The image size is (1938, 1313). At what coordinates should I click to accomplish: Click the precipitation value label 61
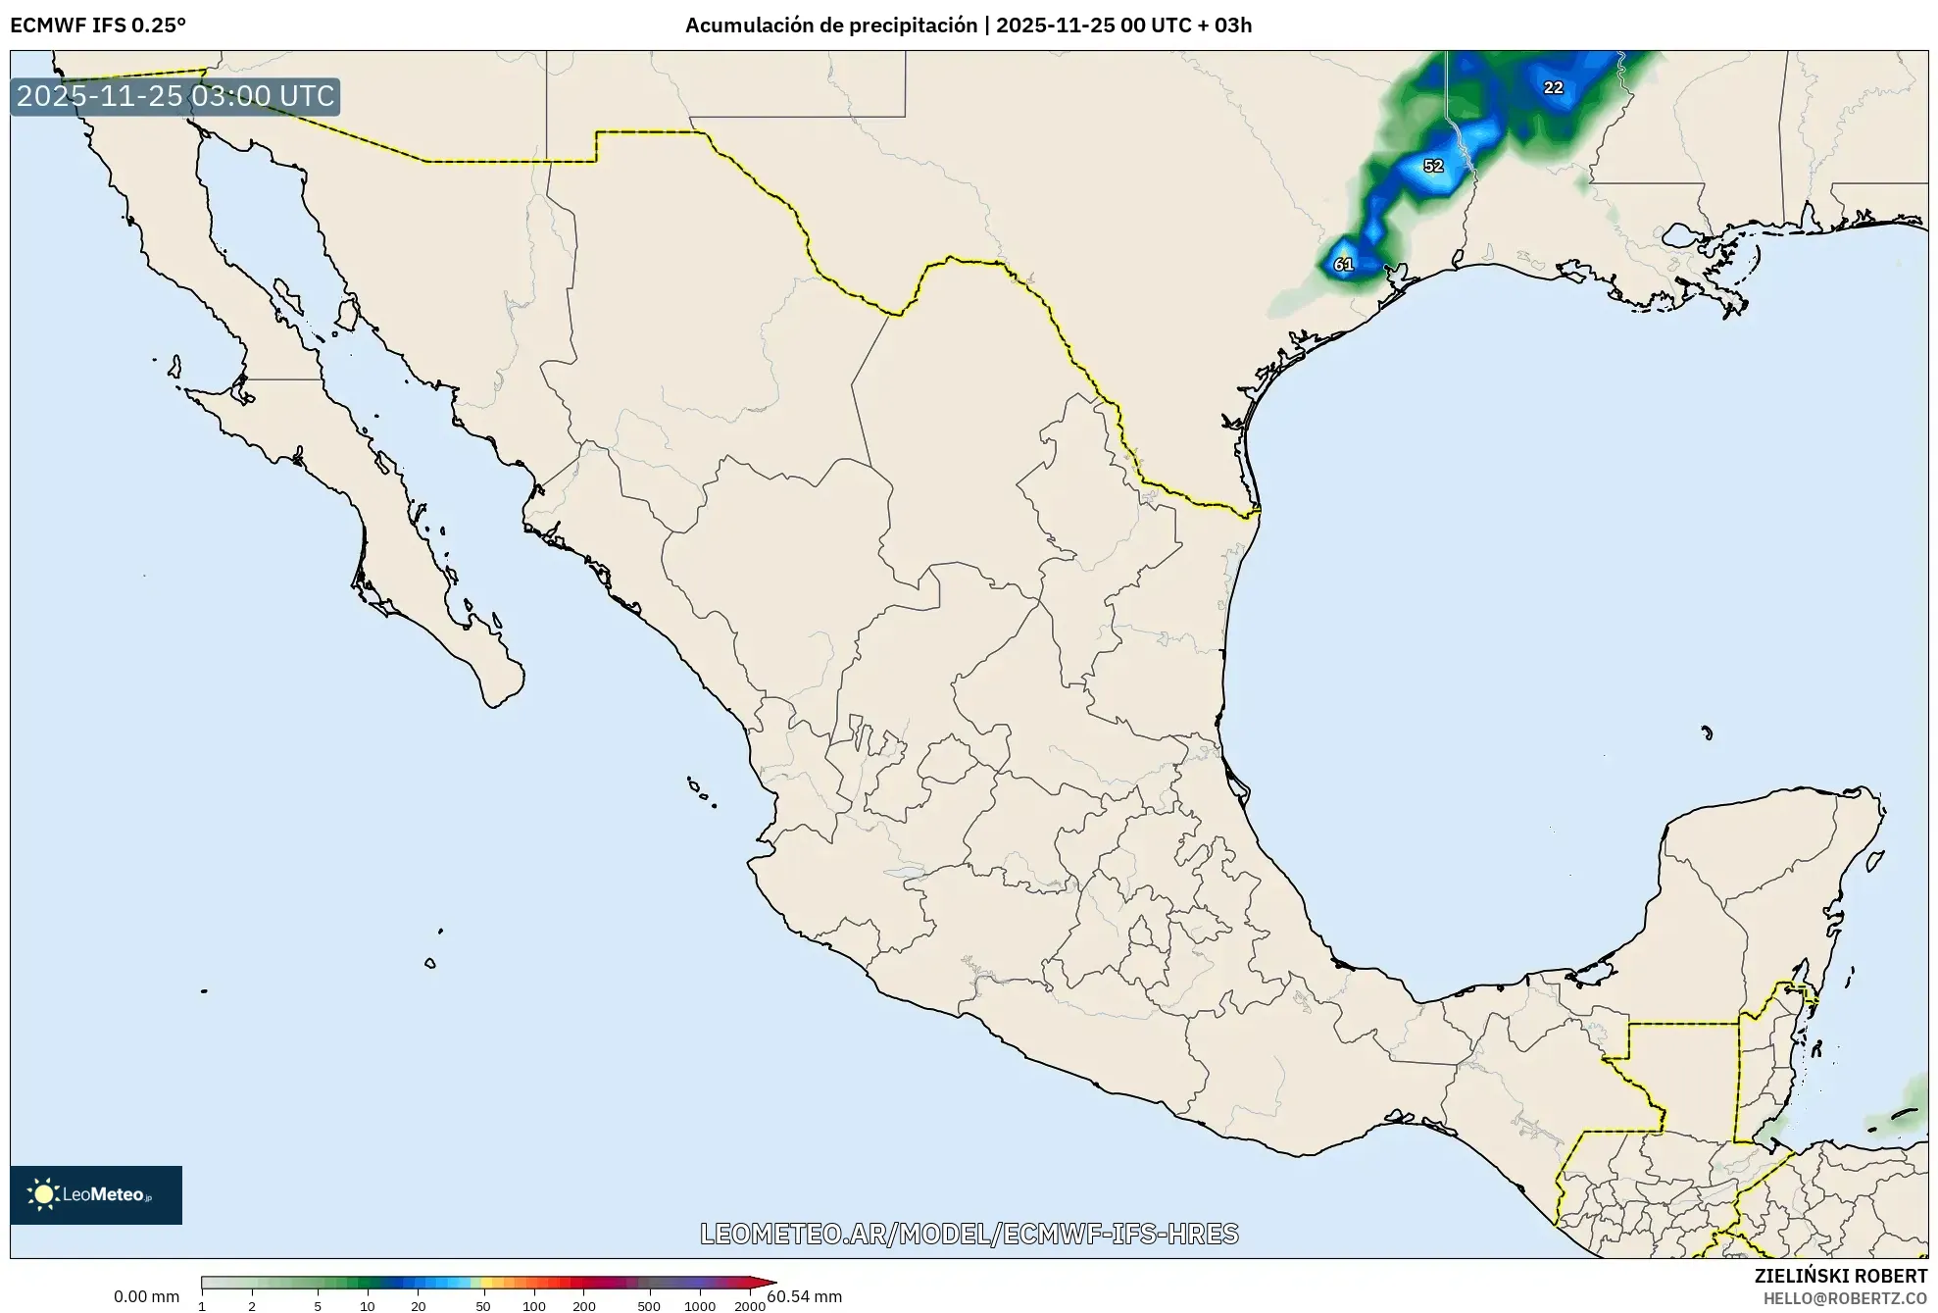(1343, 265)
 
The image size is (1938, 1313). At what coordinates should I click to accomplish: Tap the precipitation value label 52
(1433, 166)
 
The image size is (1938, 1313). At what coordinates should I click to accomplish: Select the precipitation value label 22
(1553, 87)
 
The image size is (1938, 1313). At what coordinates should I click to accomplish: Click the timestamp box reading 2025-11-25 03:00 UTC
(175, 96)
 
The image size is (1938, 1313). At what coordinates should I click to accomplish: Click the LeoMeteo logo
(96, 1194)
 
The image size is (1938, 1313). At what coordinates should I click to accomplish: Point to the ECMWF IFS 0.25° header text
(98, 25)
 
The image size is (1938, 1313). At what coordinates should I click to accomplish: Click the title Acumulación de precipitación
(830, 25)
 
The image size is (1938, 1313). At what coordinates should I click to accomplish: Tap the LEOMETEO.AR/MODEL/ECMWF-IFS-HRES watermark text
(969, 1234)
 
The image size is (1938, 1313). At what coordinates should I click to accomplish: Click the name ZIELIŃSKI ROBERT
(1840, 1276)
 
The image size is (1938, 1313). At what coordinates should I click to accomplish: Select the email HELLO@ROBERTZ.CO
(1845, 1298)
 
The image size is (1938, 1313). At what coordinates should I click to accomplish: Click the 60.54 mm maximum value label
(804, 1296)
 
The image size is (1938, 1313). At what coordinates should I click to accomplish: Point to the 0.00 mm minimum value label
(146, 1296)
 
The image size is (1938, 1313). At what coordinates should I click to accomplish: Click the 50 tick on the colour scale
(482, 1305)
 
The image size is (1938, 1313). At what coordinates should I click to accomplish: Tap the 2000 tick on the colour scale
(750, 1305)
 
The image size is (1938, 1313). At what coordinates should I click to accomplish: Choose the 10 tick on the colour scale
(367, 1305)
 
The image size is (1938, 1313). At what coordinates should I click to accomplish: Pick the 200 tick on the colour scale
(584, 1305)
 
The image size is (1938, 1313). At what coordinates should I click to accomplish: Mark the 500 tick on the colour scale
(649, 1305)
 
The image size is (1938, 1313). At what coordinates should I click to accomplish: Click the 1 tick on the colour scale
(202, 1305)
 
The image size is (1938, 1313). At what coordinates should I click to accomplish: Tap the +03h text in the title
(1232, 25)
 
